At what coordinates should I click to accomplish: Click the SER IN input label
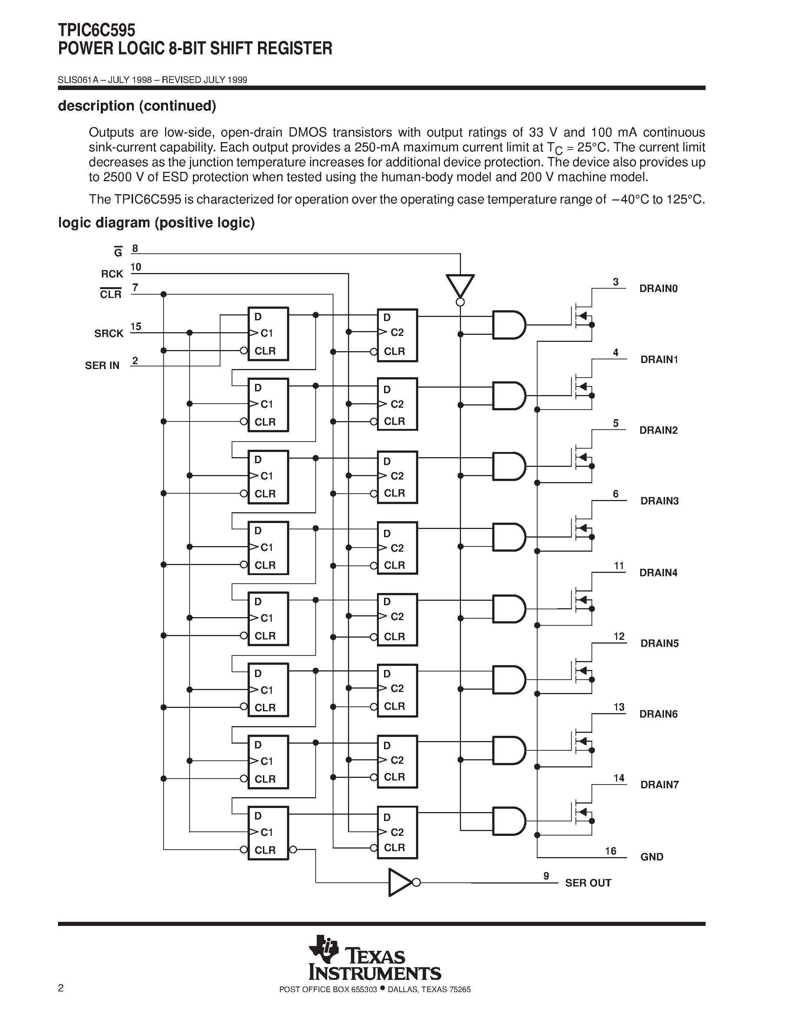point(102,365)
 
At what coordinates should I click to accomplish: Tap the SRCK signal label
point(109,334)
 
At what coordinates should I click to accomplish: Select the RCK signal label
point(112,274)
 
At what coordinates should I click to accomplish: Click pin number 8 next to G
point(135,249)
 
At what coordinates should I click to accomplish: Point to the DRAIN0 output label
point(658,289)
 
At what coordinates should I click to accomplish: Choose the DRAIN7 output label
point(659,785)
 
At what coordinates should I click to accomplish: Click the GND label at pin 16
point(651,857)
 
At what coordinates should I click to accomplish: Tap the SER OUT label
point(588,883)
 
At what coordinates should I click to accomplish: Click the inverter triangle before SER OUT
point(399,882)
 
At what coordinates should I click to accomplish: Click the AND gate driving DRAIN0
point(508,325)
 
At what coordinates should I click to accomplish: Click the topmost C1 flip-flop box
point(268,334)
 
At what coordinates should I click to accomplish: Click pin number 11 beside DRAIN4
point(619,566)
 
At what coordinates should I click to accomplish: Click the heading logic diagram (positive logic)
point(156,222)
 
